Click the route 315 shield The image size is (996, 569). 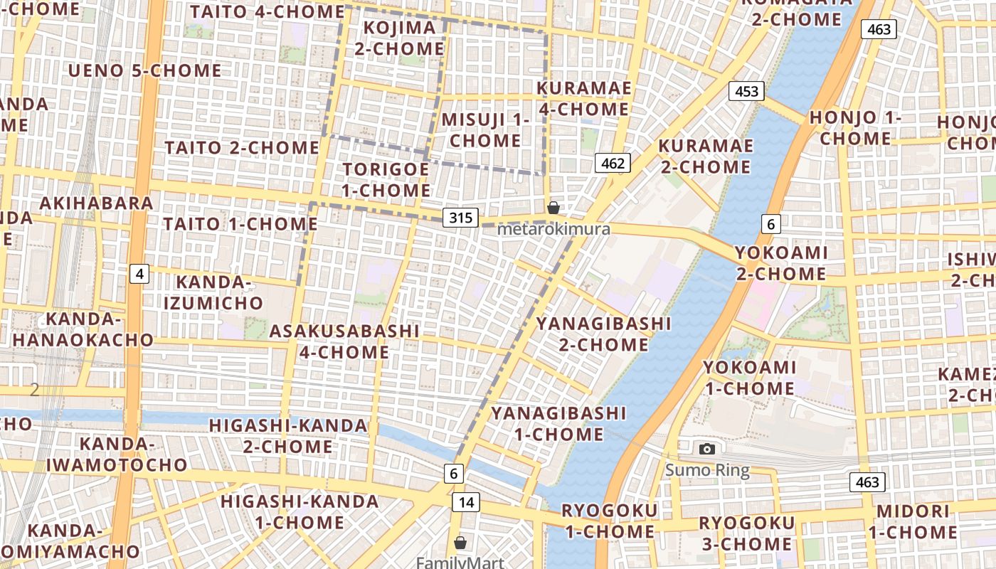[460, 218]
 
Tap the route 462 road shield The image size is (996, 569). [612, 164]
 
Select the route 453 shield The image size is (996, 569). [746, 91]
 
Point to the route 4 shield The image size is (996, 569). [139, 273]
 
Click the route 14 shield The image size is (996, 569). [465, 502]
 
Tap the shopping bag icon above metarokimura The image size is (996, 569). [553, 208]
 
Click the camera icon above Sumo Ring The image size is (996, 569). [706, 449]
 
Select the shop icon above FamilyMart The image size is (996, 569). [460, 543]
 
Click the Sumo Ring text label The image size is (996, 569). [707, 470]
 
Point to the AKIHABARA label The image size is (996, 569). [97, 203]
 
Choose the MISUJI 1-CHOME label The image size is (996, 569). [485, 130]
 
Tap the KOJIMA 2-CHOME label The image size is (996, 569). [399, 38]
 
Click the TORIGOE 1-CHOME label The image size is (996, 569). [386, 180]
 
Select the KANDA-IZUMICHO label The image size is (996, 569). [213, 292]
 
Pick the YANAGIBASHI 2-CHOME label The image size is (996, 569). [603, 334]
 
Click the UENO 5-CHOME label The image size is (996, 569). [144, 70]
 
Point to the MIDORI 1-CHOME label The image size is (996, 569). [913, 521]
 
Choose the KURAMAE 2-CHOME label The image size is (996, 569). [705, 156]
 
